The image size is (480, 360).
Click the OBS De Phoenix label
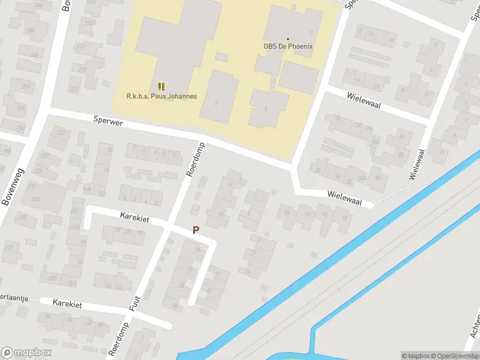point(288,46)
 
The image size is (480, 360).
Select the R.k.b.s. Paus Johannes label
point(161,96)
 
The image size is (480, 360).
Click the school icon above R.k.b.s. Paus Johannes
point(161,86)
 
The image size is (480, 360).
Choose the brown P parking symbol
point(196,230)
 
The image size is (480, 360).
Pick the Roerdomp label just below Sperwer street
point(196,159)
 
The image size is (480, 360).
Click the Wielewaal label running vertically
point(419,164)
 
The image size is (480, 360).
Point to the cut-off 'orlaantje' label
point(14,298)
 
